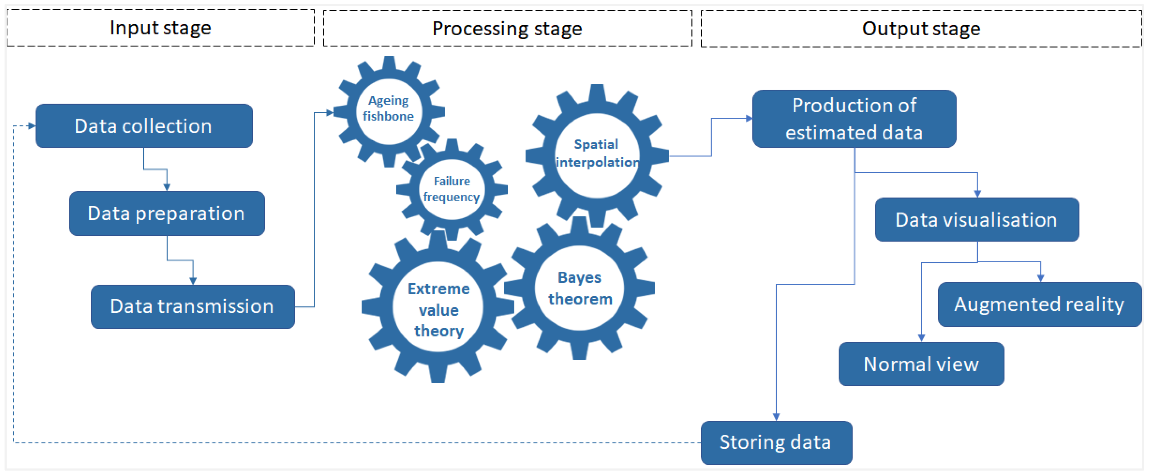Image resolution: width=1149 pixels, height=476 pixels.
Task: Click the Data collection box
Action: pos(144,126)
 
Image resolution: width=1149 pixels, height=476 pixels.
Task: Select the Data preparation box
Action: pos(167,213)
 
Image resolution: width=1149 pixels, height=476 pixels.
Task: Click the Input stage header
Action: pos(160,28)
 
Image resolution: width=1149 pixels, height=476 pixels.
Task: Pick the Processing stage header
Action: pos(507,29)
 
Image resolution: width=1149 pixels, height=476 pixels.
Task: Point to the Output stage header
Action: pos(921,29)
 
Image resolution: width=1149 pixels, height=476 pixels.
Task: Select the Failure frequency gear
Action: pos(451,189)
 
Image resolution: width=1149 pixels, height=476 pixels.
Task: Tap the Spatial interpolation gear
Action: pos(596,154)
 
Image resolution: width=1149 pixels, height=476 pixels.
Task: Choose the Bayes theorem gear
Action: pos(579,288)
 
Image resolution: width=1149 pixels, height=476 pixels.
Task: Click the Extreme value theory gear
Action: pos(438,309)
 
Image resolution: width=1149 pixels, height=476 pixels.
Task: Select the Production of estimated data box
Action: pos(854,119)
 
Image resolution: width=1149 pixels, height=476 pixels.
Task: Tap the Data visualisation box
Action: pos(976,219)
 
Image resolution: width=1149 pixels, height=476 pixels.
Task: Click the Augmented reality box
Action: pos(1039,304)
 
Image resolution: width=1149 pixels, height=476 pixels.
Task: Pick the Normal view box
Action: pos(921,364)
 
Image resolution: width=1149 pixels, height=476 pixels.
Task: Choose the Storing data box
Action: pos(776,442)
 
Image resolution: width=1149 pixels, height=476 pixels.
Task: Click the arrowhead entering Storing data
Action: pos(776,417)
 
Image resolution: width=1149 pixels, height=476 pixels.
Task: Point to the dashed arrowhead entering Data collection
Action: pos(31,126)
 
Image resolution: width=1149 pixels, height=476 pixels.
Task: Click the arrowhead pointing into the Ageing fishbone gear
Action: pos(330,112)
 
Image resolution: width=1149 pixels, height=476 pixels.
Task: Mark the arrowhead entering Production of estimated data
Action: pos(749,118)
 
